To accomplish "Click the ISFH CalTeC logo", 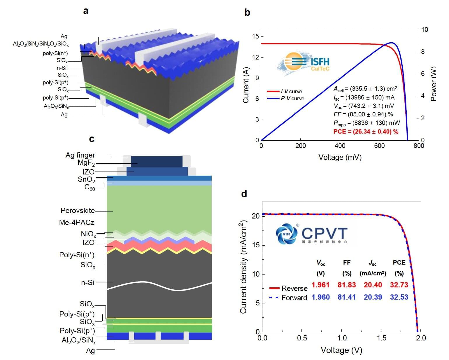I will click(x=305, y=64).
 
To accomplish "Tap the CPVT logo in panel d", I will click(x=312, y=233).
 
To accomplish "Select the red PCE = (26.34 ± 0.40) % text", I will click(x=366, y=132).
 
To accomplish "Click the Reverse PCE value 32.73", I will click(x=399, y=285).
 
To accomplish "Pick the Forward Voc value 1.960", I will click(x=320, y=297).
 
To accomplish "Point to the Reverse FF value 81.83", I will click(x=347, y=285).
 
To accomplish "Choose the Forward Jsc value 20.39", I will click(x=373, y=297).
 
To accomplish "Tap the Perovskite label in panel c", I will click(x=78, y=211).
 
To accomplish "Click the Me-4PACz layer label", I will click(x=77, y=223).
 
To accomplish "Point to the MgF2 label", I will click(x=86, y=163).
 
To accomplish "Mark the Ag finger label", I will click(x=80, y=155).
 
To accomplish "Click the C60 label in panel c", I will click(x=90, y=187).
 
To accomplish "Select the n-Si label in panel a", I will click(x=62, y=68).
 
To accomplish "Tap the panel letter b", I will click(x=247, y=13).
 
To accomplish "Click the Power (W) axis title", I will click(x=434, y=84).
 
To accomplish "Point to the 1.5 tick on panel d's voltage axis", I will click(x=381, y=338).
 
